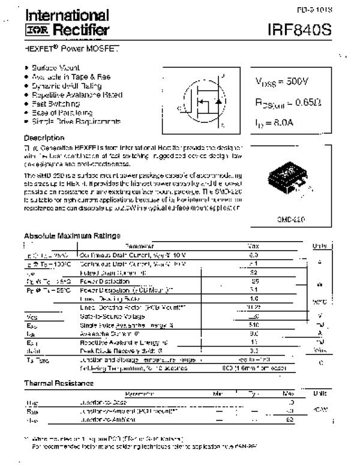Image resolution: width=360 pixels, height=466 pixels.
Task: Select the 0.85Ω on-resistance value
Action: coord(303,104)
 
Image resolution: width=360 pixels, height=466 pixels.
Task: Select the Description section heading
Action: coord(43,138)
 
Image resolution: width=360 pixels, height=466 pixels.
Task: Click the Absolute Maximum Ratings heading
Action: coord(72,235)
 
